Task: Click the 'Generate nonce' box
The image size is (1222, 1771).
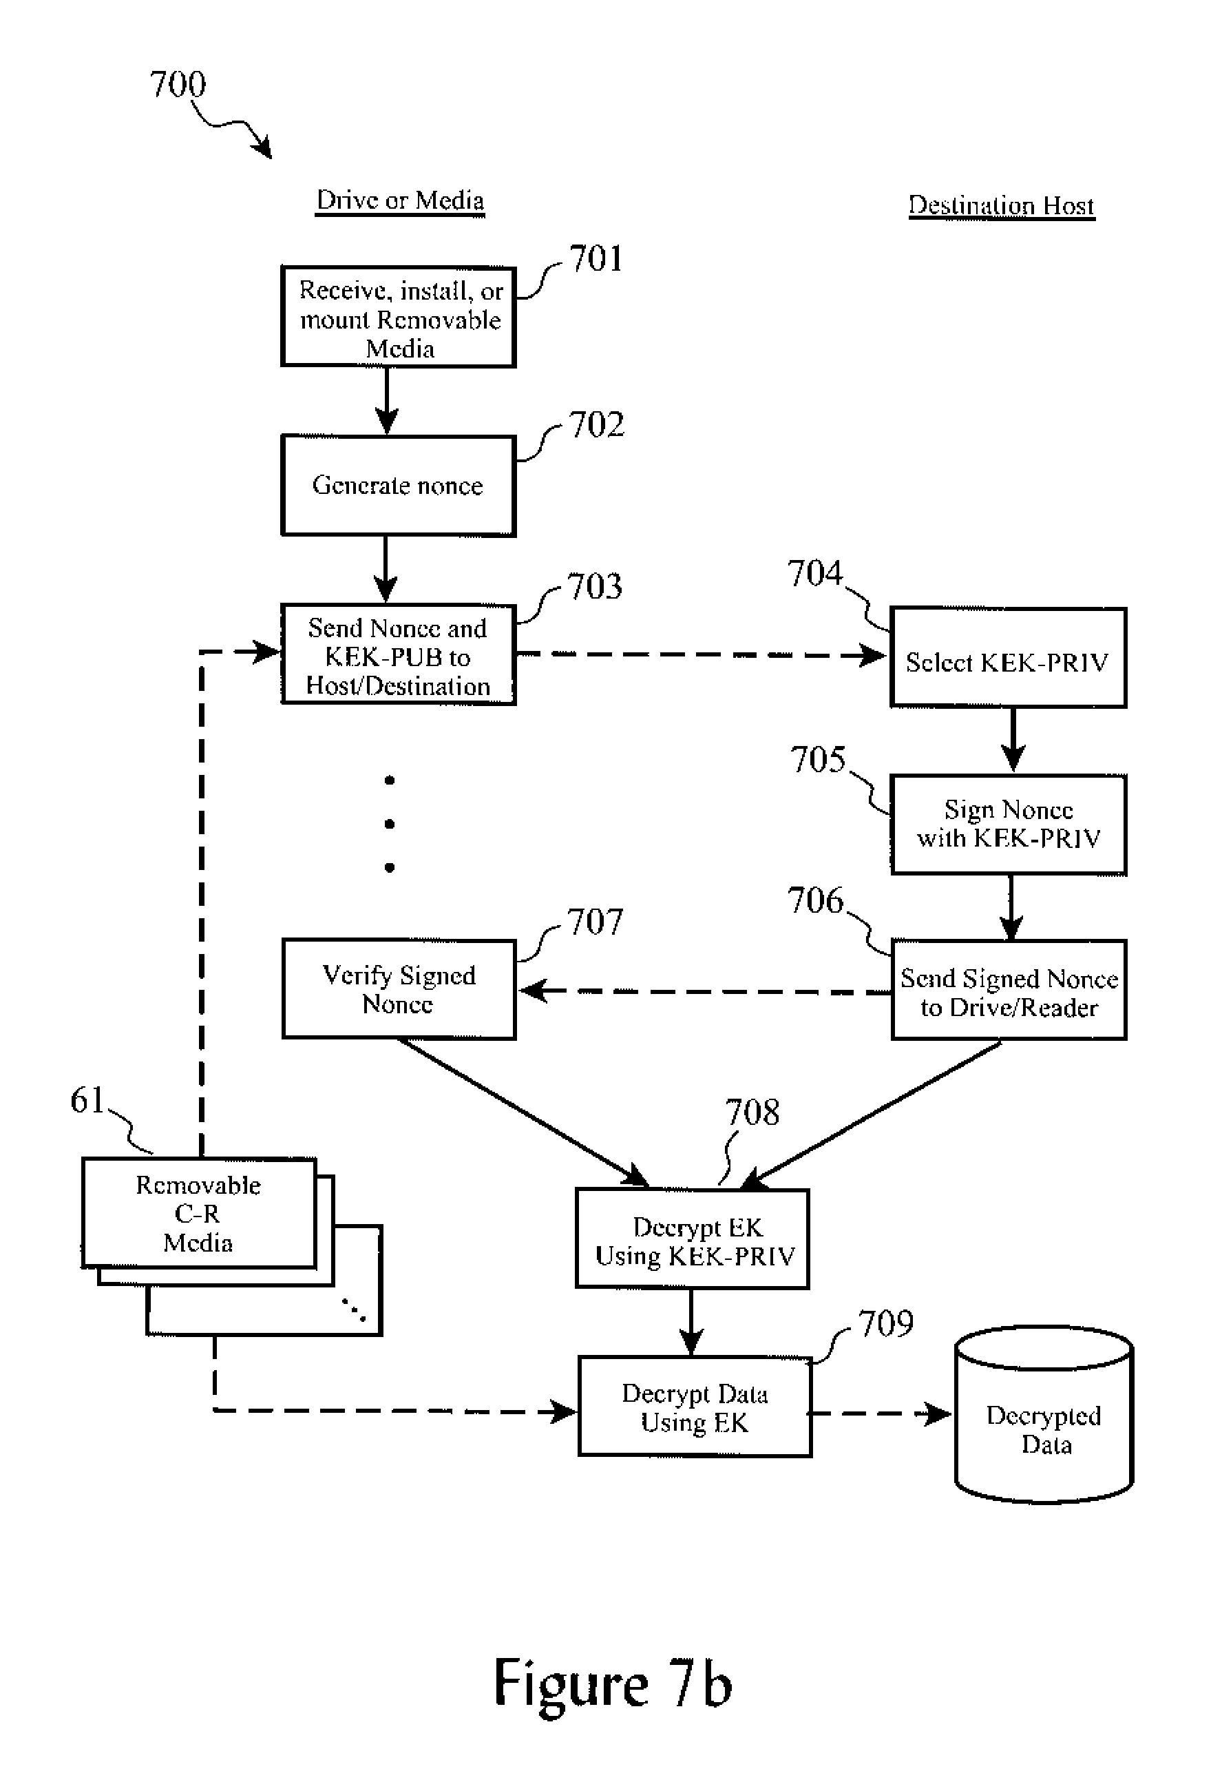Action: (398, 486)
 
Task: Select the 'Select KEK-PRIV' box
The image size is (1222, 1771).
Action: (1008, 658)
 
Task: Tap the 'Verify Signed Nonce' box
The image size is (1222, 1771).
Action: (399, 989)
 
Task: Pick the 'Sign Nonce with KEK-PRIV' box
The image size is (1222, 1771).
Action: (1009, 825)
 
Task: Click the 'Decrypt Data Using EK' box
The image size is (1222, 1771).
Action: (695, 1407)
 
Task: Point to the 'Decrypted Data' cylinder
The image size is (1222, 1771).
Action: (1044, 1418)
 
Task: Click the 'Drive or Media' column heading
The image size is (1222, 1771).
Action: (400, 200)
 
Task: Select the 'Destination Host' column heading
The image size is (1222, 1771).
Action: (1001, 205)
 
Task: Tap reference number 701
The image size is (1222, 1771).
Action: (596, 259)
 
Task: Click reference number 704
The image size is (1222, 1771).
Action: (814, 573)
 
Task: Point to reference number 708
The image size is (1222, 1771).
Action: (752, 1112)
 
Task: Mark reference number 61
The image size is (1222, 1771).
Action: (87, 1101)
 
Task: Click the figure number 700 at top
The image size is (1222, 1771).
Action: (178, 84)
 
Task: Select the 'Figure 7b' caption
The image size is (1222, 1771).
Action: (613, 1683)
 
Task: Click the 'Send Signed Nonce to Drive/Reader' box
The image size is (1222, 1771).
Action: (1009, 991)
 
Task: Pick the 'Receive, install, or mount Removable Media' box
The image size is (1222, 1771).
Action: (398, 317)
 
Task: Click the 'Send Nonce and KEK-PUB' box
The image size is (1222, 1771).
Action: (398, 656)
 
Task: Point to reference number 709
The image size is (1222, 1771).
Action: (886, 1324)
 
